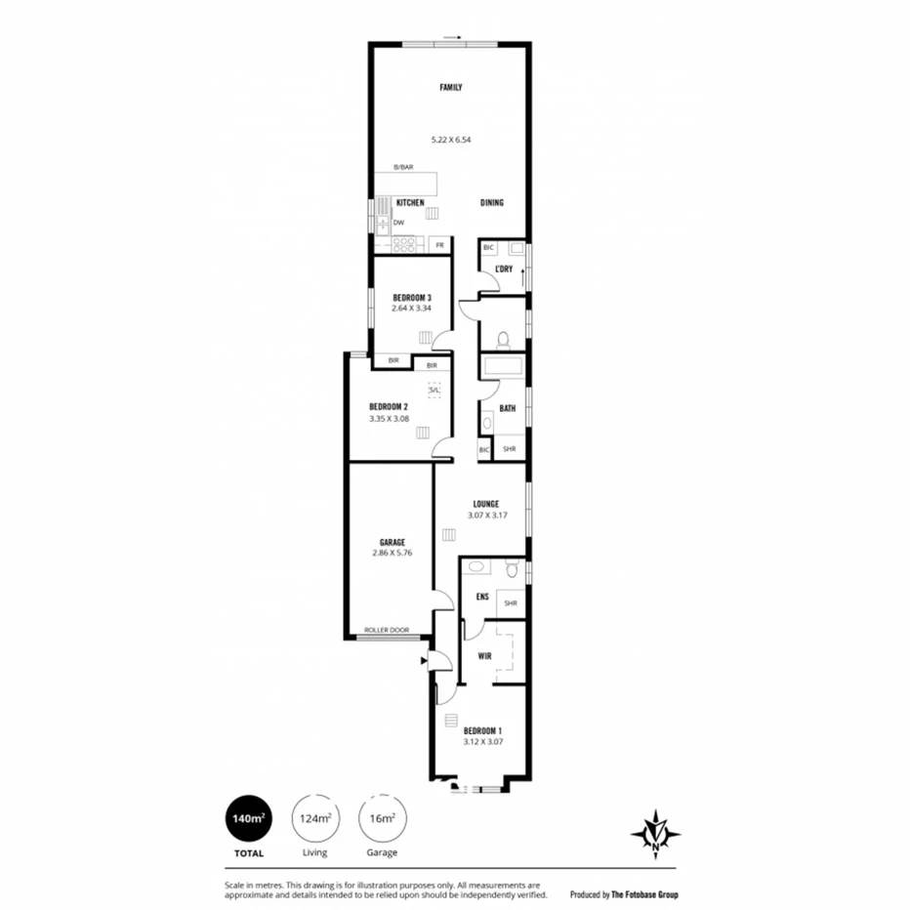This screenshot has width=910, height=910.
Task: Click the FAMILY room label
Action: point(450,88)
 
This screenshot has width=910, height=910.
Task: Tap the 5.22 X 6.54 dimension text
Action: point(450,140)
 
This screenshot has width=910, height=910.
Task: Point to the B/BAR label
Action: point(403,167)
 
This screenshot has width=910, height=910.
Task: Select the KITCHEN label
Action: point(410,202)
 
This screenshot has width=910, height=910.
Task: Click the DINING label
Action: point(492,203)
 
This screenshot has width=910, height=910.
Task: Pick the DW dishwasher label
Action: point(399,223)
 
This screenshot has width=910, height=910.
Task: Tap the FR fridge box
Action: point(440,244)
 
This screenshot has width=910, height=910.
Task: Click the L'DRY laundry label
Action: point(504,269)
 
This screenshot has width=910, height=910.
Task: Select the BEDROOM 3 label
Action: point(412,297)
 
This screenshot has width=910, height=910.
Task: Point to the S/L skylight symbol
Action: point(434,389)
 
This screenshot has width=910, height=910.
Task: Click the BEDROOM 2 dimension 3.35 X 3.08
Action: point(389,419)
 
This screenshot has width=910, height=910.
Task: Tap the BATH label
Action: point(508,409)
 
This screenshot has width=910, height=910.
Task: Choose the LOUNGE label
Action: point(486,504)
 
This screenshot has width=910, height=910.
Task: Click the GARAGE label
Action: point(393,542)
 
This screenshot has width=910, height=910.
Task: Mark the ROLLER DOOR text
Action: point(387,630)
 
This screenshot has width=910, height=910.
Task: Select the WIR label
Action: point(483,656)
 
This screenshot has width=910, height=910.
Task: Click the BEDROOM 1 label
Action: point(482,730)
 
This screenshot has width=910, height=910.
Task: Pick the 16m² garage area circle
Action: point(382,818)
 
